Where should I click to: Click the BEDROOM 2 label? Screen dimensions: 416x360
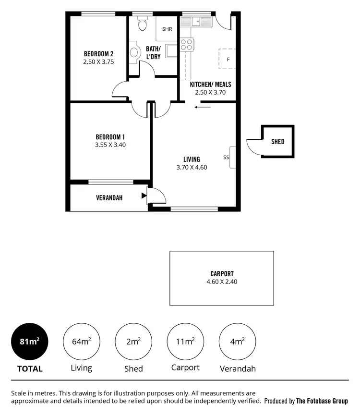click(x=98, y=53)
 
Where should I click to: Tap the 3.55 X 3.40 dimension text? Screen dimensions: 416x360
click(x=110, y=145)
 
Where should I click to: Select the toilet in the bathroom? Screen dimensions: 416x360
click(x=142, y=24)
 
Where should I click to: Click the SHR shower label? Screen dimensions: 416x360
click(x=167, y=29)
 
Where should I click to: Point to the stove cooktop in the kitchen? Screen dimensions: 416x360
click(x=187, y=45)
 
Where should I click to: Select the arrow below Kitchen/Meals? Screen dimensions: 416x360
click(x=202, y=107)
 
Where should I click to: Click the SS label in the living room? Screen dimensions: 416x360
click(x=226, y=157)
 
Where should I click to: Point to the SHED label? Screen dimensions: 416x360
click(x=277, y=142)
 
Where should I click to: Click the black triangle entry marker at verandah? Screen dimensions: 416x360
click(x=144, y=196)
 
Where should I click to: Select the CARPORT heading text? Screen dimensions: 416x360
click(x=222, y=274)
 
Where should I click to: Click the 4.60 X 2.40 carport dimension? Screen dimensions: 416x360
click(x=222, y=282)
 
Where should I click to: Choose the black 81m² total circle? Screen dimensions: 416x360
click(x=30, y=342)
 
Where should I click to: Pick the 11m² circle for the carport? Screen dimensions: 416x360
click(x=185, y=342)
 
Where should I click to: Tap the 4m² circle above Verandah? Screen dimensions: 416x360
click(x=237, y=342)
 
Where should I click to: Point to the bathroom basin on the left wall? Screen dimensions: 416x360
click(x=133, y=53)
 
